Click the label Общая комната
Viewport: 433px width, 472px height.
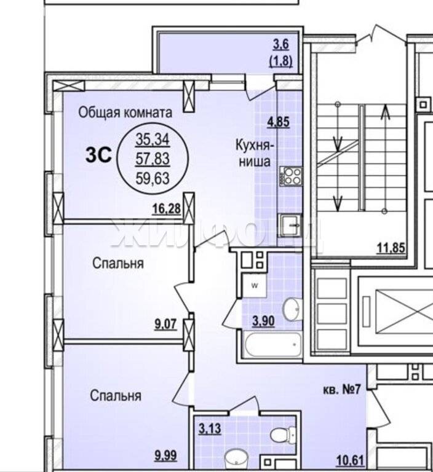(x=125, y=113)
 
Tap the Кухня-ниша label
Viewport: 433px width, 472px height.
(x=255, y=153)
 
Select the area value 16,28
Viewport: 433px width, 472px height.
(x=167, y=208)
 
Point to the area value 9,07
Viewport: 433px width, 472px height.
(x=165, y=324)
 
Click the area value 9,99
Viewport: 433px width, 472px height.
(x=165, y=455)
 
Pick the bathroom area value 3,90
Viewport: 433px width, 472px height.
(x=264, y=321)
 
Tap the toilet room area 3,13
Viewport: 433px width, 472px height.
(x=210, y=428)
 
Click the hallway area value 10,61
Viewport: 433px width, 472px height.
(x=350, y=460)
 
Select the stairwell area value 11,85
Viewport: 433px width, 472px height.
(x=391, y=248)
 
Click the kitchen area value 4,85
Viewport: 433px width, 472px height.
(x=279, y=122)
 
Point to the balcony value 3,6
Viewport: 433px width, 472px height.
(x=281, y=45)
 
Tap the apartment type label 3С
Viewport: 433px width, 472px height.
(x=98, y=155)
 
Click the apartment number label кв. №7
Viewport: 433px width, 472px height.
(x=342, y=390)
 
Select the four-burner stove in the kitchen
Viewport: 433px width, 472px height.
(x=290, y=176)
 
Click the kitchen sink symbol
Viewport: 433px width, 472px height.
(x=290, y=225)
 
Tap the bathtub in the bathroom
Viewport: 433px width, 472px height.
(x=273, y=344)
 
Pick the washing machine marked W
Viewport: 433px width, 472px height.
(x=255, y=286)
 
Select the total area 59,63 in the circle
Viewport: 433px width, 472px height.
(x=153, y=178)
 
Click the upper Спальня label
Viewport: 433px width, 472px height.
(x=118, y=264)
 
